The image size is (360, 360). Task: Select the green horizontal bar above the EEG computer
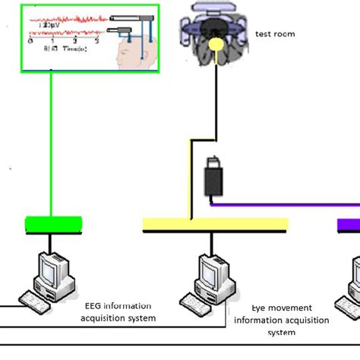coord(53,224)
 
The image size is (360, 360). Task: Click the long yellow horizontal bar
coord(215,224)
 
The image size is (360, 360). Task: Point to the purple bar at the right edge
coord(349,225)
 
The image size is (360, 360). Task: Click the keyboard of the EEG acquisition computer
coord(34,301)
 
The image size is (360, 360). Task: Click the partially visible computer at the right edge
coord(355,277)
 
